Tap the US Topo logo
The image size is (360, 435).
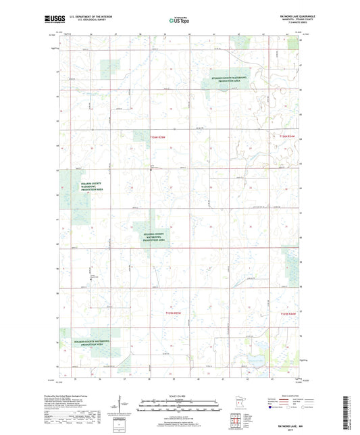click(179, 21)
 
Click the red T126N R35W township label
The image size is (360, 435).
click(160, 136)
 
